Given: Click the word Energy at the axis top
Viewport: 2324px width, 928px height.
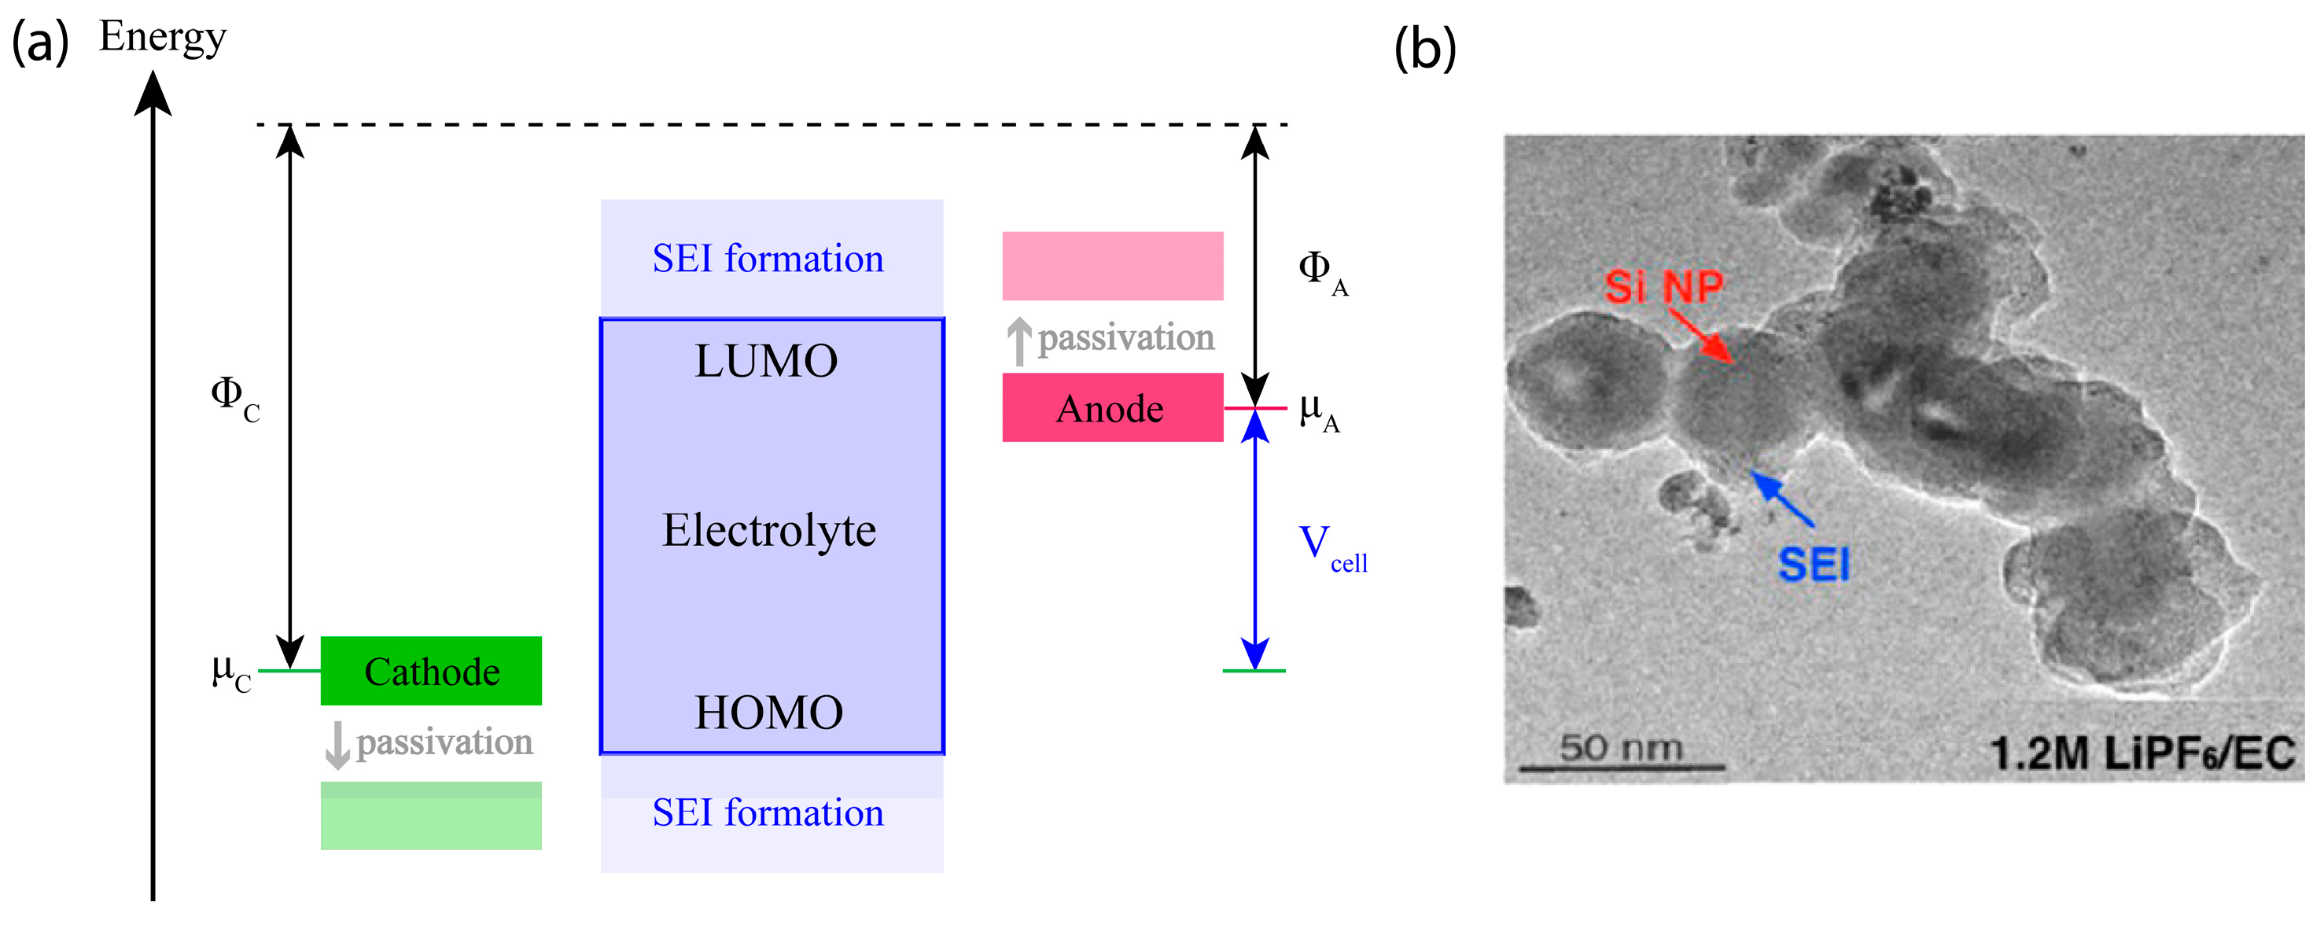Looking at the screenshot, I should pos(162,38).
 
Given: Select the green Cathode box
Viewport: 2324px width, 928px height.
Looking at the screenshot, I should pos(431,671).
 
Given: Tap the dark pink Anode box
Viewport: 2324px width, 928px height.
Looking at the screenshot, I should pos(1111,407).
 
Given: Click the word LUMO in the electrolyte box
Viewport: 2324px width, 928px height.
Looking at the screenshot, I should pos(766,361).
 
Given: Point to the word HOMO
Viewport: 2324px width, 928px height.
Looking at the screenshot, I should pos(768,713).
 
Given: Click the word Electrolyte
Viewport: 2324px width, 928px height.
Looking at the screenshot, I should pos(768,530).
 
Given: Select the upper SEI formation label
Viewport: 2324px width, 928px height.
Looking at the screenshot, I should pos(768,259).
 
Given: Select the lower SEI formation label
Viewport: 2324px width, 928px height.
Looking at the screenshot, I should pos(768,812).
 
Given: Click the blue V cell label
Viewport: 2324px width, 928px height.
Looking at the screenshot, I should pos(1331,548).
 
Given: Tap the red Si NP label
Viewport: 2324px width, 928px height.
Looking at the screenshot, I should pos(1663,287).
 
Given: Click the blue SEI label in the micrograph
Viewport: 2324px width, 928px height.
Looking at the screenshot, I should pos(1814,565).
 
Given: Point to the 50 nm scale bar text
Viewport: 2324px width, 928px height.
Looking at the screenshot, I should pos(1621,748).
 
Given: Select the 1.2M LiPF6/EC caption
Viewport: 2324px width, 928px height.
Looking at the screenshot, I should pos(2142,754).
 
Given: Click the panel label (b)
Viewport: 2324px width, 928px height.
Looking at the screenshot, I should pos(1424,49).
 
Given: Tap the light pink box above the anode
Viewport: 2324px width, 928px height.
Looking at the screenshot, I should pos(1112,266).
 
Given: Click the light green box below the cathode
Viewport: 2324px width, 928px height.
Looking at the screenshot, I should pos(431,816).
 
